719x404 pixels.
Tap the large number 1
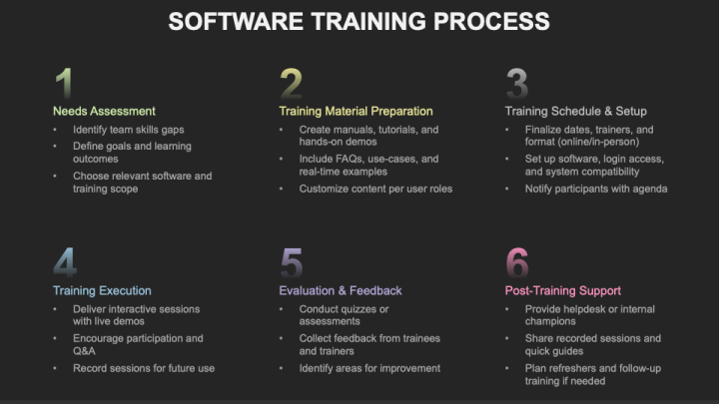tap(64, 83)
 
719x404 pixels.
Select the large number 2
tap(291, 83)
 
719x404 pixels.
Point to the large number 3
tap(516, 83)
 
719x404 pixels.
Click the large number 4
tap(65, 262)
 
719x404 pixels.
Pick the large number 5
tap(292, 262)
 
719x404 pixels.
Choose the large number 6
tap(517, 262)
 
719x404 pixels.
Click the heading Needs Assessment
tap(104, 111)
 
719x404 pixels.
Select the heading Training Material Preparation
tap(356, 111)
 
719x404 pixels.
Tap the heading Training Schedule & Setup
tap(575, 111)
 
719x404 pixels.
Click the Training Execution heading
tap(102, 290)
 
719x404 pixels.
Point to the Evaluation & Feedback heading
tap(340, 290)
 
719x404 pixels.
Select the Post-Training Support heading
tap(562, 290)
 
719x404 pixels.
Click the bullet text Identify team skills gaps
tap(128, 130)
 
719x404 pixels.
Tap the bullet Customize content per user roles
tap(375, 189)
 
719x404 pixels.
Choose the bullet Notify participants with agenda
tap(596, 189)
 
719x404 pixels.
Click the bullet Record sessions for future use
tap(144, 368)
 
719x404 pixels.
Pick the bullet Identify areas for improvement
tap(369, 368)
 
